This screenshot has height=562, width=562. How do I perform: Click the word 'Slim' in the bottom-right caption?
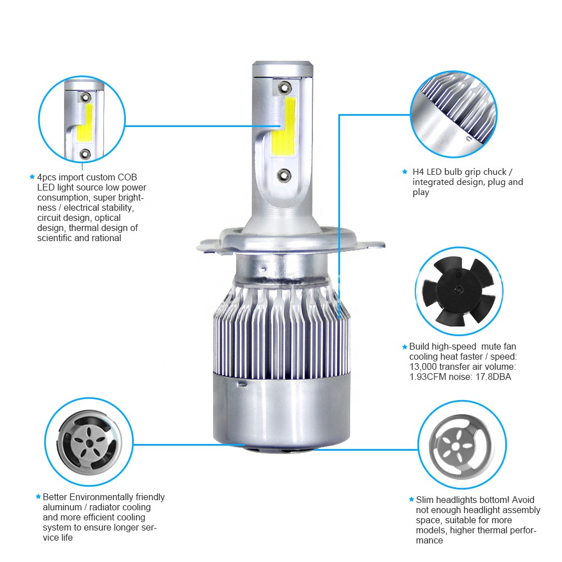point(425,500)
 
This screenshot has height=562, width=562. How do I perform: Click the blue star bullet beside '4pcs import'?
point(32,177)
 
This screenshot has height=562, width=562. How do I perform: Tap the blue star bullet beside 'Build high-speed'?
point(404,347)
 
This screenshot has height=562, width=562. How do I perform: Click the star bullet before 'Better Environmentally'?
point(38,497)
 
